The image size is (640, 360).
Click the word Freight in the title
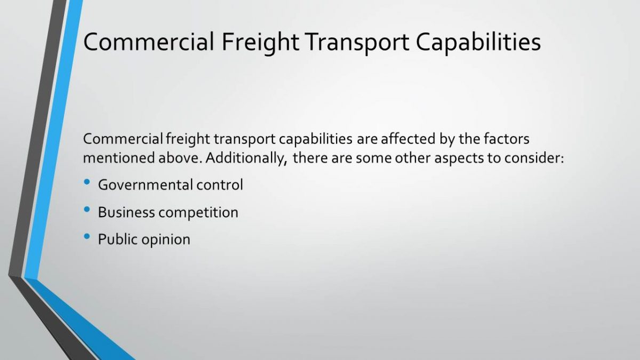coord(260,42)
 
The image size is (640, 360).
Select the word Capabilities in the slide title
coord(478,42)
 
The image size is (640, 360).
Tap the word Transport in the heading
coord(357,43)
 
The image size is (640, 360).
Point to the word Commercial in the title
coord(149,42)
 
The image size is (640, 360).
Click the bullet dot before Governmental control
coord(87,182)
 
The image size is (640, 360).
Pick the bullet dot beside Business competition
coord(87,210)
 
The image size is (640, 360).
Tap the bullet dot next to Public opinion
coord(87,237)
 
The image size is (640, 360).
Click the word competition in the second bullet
coord(198,213)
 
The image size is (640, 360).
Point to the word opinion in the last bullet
coord(166,240)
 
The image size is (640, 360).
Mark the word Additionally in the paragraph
coord(246,158)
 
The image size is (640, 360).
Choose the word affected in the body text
coord(408,139)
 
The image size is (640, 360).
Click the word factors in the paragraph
coord(507,139)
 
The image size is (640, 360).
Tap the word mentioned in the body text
coord(118,158)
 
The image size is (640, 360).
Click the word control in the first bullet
coord(220,185)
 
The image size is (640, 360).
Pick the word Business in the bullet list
coord(126,212)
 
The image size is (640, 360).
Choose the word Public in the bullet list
coord(118,239)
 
